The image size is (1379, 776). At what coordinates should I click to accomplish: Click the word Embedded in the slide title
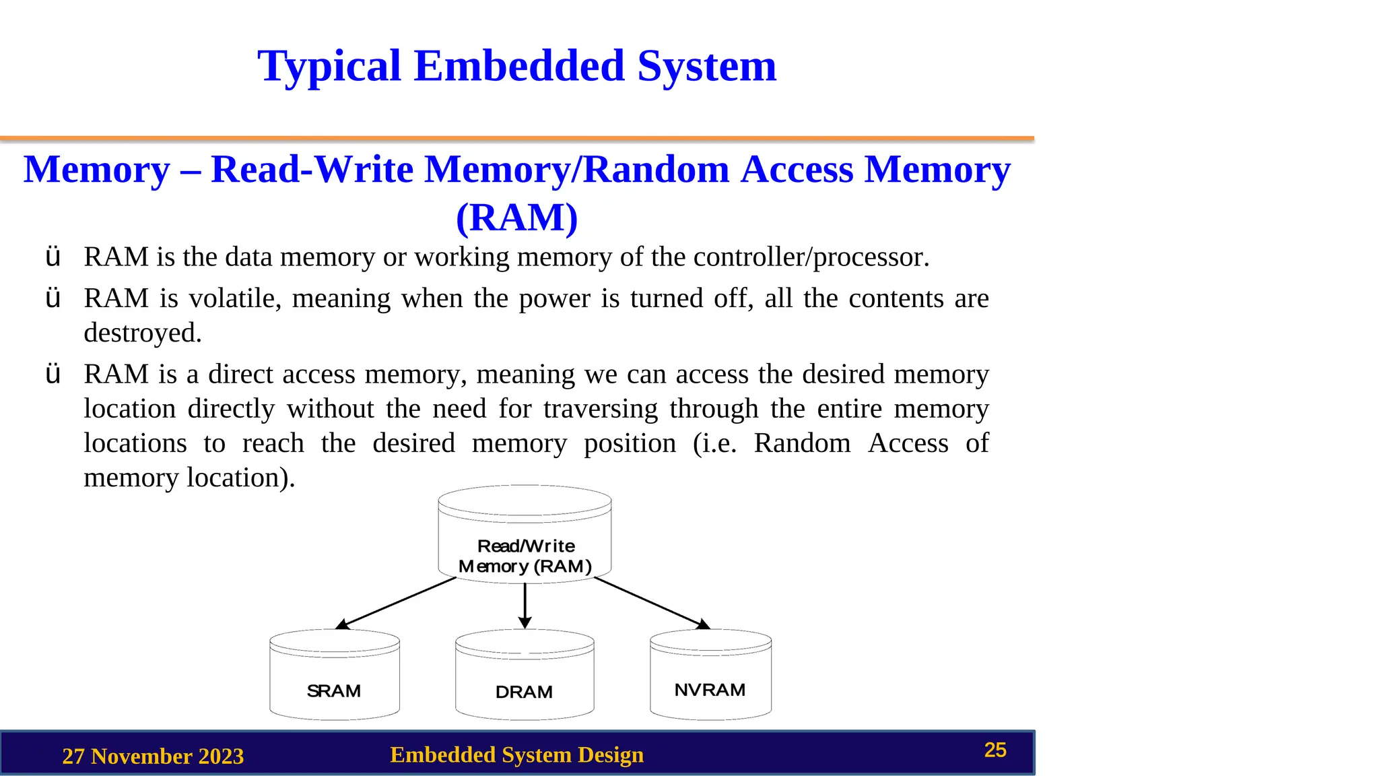[519, 66]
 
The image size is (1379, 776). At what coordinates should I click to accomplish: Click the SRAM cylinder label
[334, 691]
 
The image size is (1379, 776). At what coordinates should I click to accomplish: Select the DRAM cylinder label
[524, 692]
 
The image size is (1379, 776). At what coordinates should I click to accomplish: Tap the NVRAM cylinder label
[710, 690]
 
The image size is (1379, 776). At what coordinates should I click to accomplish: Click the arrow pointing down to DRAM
[525, 605]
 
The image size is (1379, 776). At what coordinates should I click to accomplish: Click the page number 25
[995, 750]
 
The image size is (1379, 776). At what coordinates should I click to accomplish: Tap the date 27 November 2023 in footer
[153, 756]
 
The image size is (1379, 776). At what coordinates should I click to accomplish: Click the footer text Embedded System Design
[516, 754]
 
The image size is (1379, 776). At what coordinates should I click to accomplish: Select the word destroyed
[142, 333]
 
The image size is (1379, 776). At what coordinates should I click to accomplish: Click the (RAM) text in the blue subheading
[516, 218]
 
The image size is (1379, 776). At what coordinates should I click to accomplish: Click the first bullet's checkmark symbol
[53, 257]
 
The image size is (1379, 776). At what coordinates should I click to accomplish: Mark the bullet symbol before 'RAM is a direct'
[53, 375]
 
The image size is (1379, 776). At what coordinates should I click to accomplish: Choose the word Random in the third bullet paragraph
[802, 443]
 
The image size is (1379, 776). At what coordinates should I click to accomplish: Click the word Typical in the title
[329, 66]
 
